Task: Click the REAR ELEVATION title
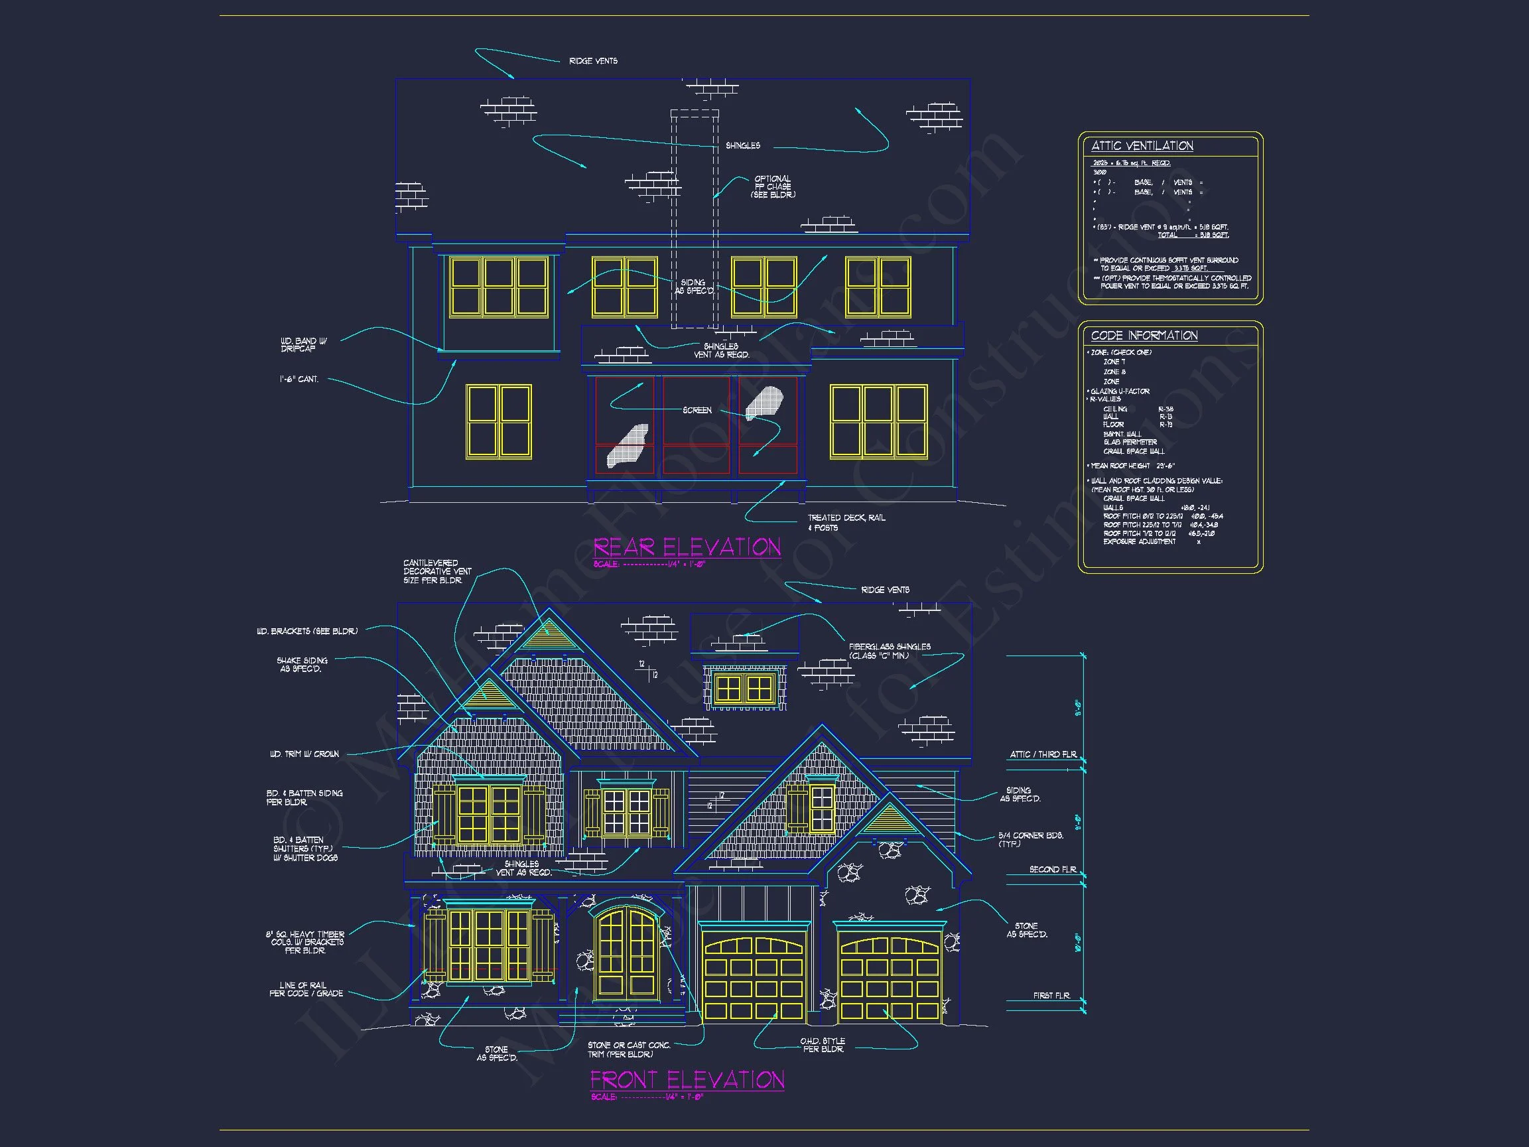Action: [x=687, y=547]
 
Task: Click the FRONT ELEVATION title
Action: [x=687, y=1080]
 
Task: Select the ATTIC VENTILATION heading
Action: [x=1142, y=146]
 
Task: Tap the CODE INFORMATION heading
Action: [x=1144, y=335]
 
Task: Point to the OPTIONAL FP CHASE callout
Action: [x=773, y=186]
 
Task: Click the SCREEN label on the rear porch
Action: [x=697, y=410]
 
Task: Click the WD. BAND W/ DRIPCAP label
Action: [x=303, y=345]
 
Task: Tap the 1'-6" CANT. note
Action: [x=299, y=379]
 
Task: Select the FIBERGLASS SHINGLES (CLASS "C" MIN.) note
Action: [x=890, y=651]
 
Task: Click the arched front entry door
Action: [x=626, y=954]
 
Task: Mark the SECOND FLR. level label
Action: [x=1052, y=870]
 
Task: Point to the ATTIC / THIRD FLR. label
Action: [x=1042, y=754]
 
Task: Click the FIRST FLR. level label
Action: [x=1051, y=996]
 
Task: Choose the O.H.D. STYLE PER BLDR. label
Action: [x=823, y=1045]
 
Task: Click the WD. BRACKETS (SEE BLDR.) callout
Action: [x=307, y=632]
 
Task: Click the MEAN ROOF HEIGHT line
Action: [x=1132, y=466]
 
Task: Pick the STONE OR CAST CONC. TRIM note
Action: [x=628, y=1049]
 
